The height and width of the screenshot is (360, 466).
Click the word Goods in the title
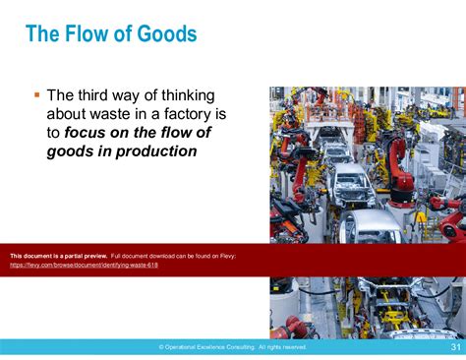tap(167, 34)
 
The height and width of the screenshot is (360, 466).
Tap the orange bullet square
tap(36, 94)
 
